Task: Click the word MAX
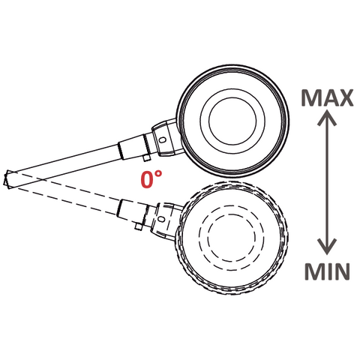point(327,97)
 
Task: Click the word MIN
point(327,271)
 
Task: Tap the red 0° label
point(151,179)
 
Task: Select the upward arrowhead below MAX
point(327,118)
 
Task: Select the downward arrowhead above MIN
point(327,247)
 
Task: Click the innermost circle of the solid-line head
point(232,121)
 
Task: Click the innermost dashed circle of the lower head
point(232,238)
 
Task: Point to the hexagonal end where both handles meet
point(8,179)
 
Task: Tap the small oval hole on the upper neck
point(163,139)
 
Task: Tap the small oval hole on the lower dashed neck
point(162,219)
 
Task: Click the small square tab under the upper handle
point(146,158)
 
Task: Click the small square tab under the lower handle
point(138,226)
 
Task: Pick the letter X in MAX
point(345,97)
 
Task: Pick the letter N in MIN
point(342,271)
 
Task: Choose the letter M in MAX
point(310,97)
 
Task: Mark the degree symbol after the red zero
point(158,174)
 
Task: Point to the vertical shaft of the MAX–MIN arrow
point(327,182)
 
